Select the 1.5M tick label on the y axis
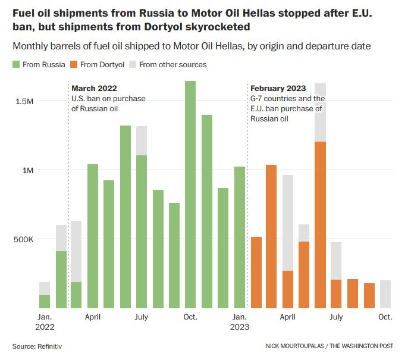point(25,101)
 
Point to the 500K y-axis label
point(23,240)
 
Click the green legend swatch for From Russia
point(16,64)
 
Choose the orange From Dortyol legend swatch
point(74,64)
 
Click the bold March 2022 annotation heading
point(94,89)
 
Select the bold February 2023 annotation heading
point(278,89)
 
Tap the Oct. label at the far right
point(385,317)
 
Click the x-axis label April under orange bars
point(288,317)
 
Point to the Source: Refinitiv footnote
point(37,346)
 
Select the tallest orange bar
point(320,225)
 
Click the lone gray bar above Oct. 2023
point(385,295)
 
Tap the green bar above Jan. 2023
point(240,237)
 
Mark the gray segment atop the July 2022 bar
point(142,140)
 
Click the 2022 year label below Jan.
point(45,327)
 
